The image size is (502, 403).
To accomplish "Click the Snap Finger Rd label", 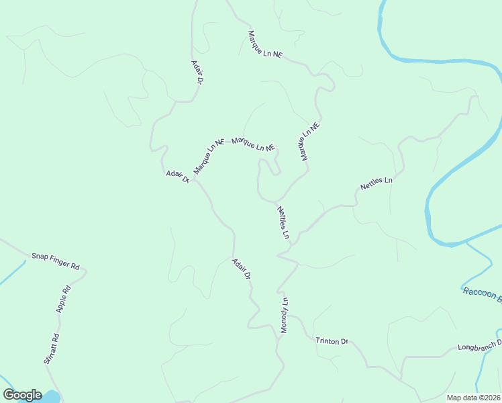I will pos(56,261).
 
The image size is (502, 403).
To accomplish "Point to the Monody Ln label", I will pos(284,316).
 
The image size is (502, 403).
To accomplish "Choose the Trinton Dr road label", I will pos(332,341).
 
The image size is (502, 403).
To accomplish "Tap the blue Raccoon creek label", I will pos(482,294).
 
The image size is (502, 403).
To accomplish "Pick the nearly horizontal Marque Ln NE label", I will pos(253,144).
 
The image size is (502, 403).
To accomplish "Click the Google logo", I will pos(23,395).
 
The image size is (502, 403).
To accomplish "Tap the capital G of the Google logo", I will pos(9,395).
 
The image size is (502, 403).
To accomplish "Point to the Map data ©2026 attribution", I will pos(473,398).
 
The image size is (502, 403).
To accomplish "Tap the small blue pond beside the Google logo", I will pos(51,397).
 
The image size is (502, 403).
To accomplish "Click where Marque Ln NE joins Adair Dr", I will pos(193,181).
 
